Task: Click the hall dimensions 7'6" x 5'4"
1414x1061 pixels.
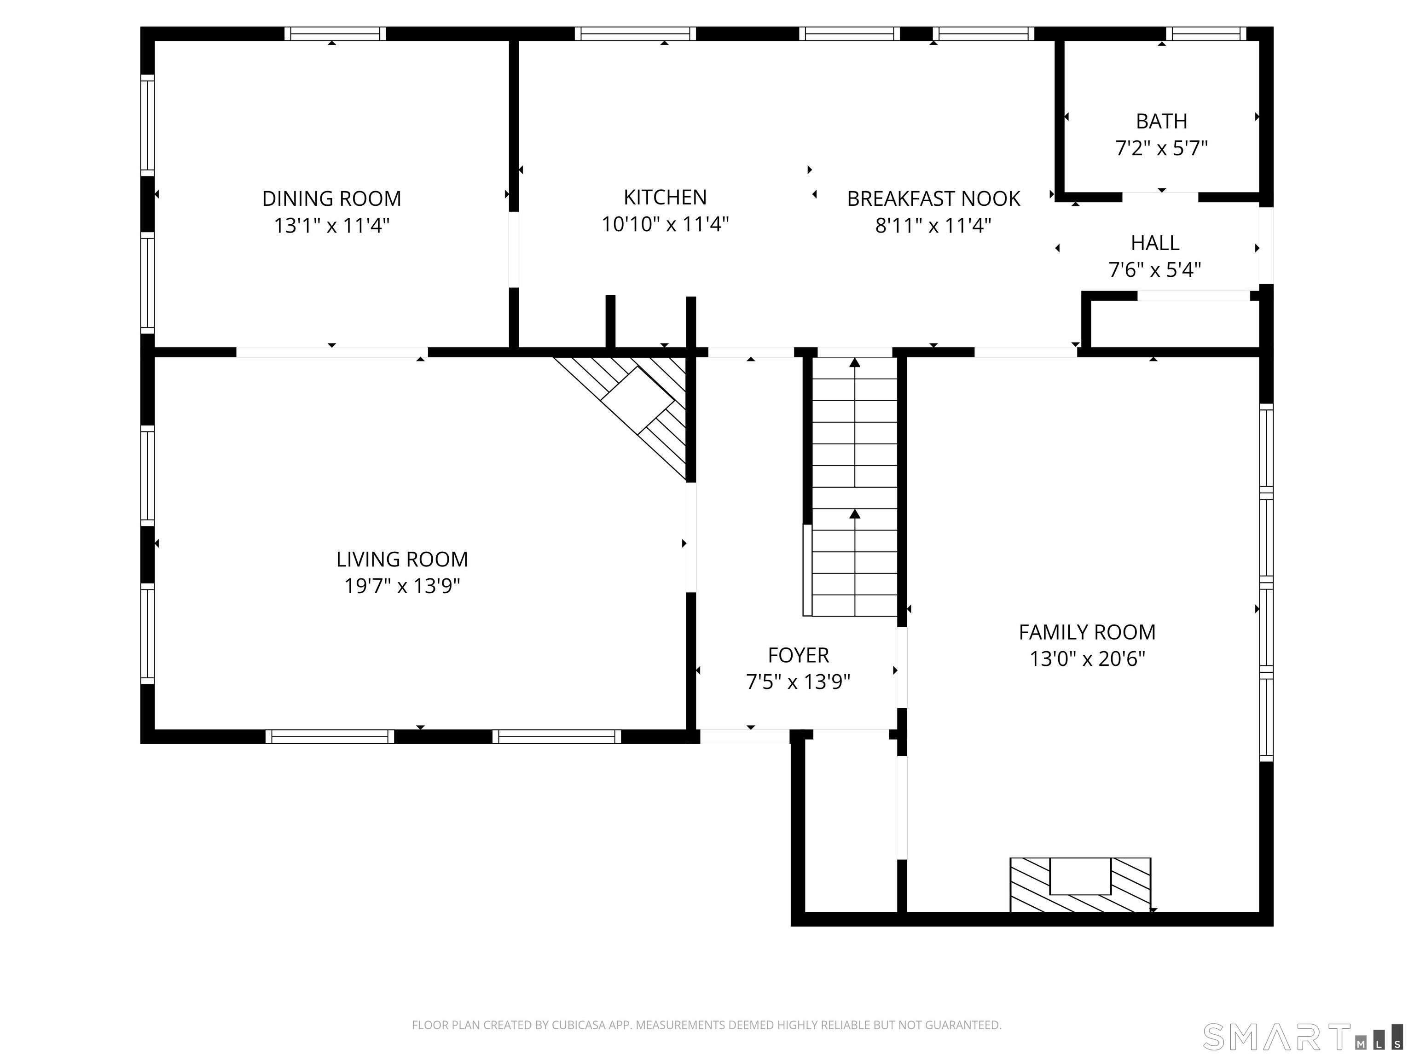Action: pos(1154,270)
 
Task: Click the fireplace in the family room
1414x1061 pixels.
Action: pos(1080,885)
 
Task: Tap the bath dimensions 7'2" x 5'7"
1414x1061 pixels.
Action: pos(1161,148)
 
